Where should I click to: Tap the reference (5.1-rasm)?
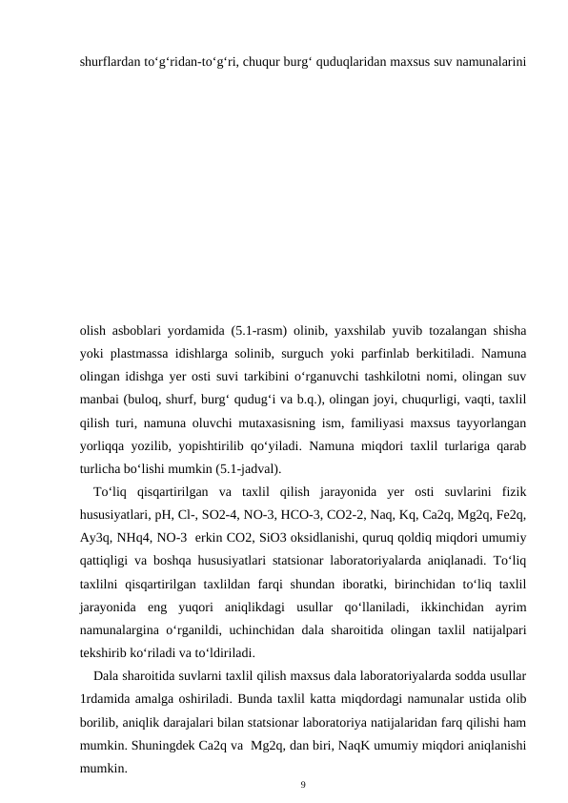pos(257,333)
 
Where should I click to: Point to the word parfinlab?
pos(379,356)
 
